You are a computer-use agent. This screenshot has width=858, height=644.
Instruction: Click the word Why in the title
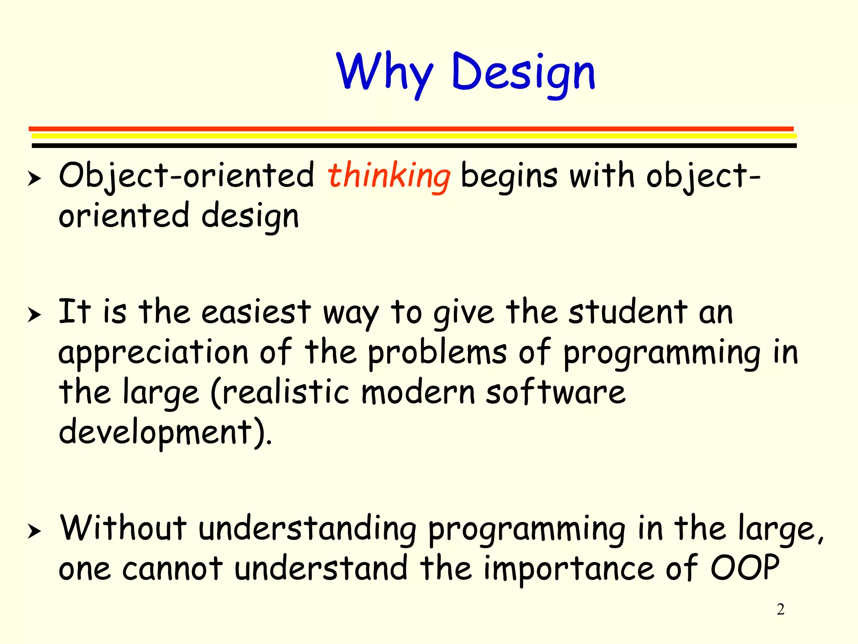click(x=385, y=72)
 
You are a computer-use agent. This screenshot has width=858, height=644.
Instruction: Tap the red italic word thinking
click(x=389, y=176)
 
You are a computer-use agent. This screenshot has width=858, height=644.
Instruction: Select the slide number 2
click(x=780, y=609)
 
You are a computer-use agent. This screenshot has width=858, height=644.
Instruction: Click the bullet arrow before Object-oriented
click(x=34, y=179)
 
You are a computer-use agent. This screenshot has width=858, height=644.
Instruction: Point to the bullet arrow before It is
click(x=34, y=314)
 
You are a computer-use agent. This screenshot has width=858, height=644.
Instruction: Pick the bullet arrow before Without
click(x=34, y=531)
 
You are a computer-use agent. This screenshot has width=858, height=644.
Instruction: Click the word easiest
click(x=256, y=312)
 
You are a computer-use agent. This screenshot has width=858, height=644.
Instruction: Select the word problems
click(x=437, y=352)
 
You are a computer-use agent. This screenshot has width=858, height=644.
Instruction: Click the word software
click(x=556, y=392)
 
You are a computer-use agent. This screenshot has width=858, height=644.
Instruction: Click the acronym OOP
click(x=744, y=568)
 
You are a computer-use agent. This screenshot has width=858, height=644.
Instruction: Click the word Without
click(x=123, y=528)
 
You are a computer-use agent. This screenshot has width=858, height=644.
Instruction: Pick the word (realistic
click(x=279, y=393)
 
